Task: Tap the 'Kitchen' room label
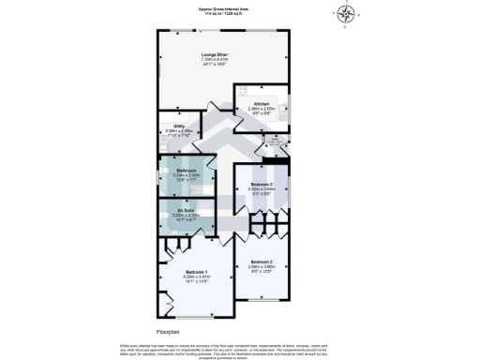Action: pos(262,103)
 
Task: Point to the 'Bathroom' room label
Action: pos(187,170)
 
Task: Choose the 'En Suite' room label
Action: pos(186,210)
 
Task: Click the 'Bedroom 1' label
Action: pos(190,272)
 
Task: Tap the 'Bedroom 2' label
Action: pos(261,262)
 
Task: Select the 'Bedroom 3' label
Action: pos(262,185)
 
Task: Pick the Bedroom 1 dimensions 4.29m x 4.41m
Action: pos(190,277)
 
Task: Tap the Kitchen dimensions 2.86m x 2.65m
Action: pos(262,109)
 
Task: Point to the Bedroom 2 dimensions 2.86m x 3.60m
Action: pos(261,267)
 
